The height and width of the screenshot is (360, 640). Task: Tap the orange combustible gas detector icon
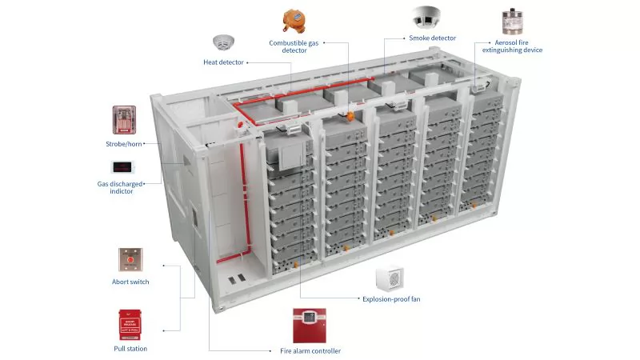pos(294,21)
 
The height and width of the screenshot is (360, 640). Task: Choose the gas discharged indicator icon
pos(122,167)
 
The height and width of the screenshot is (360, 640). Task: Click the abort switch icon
pos(130,260)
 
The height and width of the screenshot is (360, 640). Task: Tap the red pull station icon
pos(130,325)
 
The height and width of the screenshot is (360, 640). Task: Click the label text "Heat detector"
pos(223,62)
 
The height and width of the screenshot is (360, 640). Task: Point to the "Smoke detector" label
pos(432,38)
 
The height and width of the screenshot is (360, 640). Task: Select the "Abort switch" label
pos(130,282)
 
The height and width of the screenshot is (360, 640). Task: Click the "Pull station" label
pos(130,348)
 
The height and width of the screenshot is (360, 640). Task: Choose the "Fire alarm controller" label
pos(310,350)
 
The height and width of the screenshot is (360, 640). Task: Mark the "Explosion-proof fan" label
pos(391,298)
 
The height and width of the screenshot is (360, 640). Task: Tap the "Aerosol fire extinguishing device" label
pos(512,46)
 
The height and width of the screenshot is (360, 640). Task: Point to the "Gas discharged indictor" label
pos(122,187)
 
